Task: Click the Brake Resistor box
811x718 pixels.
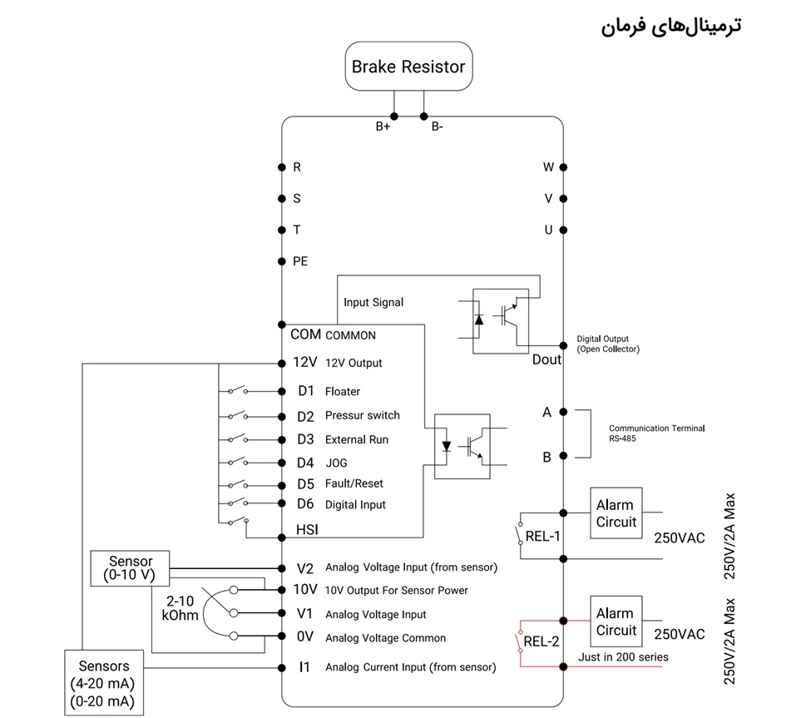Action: [x=408, y=67]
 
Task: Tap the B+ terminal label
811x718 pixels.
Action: [x=383, y=127]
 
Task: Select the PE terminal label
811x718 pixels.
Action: [x=300, y=261]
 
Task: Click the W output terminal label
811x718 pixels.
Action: [x=548, y=167]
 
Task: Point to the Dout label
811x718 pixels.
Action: [x=547, y=359]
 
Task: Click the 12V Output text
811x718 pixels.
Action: [x=354, y=364]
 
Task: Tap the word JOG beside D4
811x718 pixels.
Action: [x=336, y=463]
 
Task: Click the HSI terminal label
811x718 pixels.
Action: [x=307, y=529]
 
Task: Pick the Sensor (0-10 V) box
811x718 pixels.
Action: [x=131, y=567]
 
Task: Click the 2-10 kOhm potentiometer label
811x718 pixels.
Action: [x=180, y=608]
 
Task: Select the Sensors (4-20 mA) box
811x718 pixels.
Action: [x=104, y=683]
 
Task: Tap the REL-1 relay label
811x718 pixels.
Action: [x=542, y=537]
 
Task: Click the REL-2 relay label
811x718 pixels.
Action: [x=541, y=641]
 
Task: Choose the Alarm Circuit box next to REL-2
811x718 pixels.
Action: [x=616, y=621]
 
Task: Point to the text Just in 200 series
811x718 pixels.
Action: [x=623, y=657]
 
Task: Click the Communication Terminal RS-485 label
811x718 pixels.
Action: [x=656, y=433]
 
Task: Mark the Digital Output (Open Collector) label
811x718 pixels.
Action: [x=608, y=344]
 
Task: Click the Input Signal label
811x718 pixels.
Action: [x=373, y=303]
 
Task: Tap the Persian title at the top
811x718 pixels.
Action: [x=670, y=25]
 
